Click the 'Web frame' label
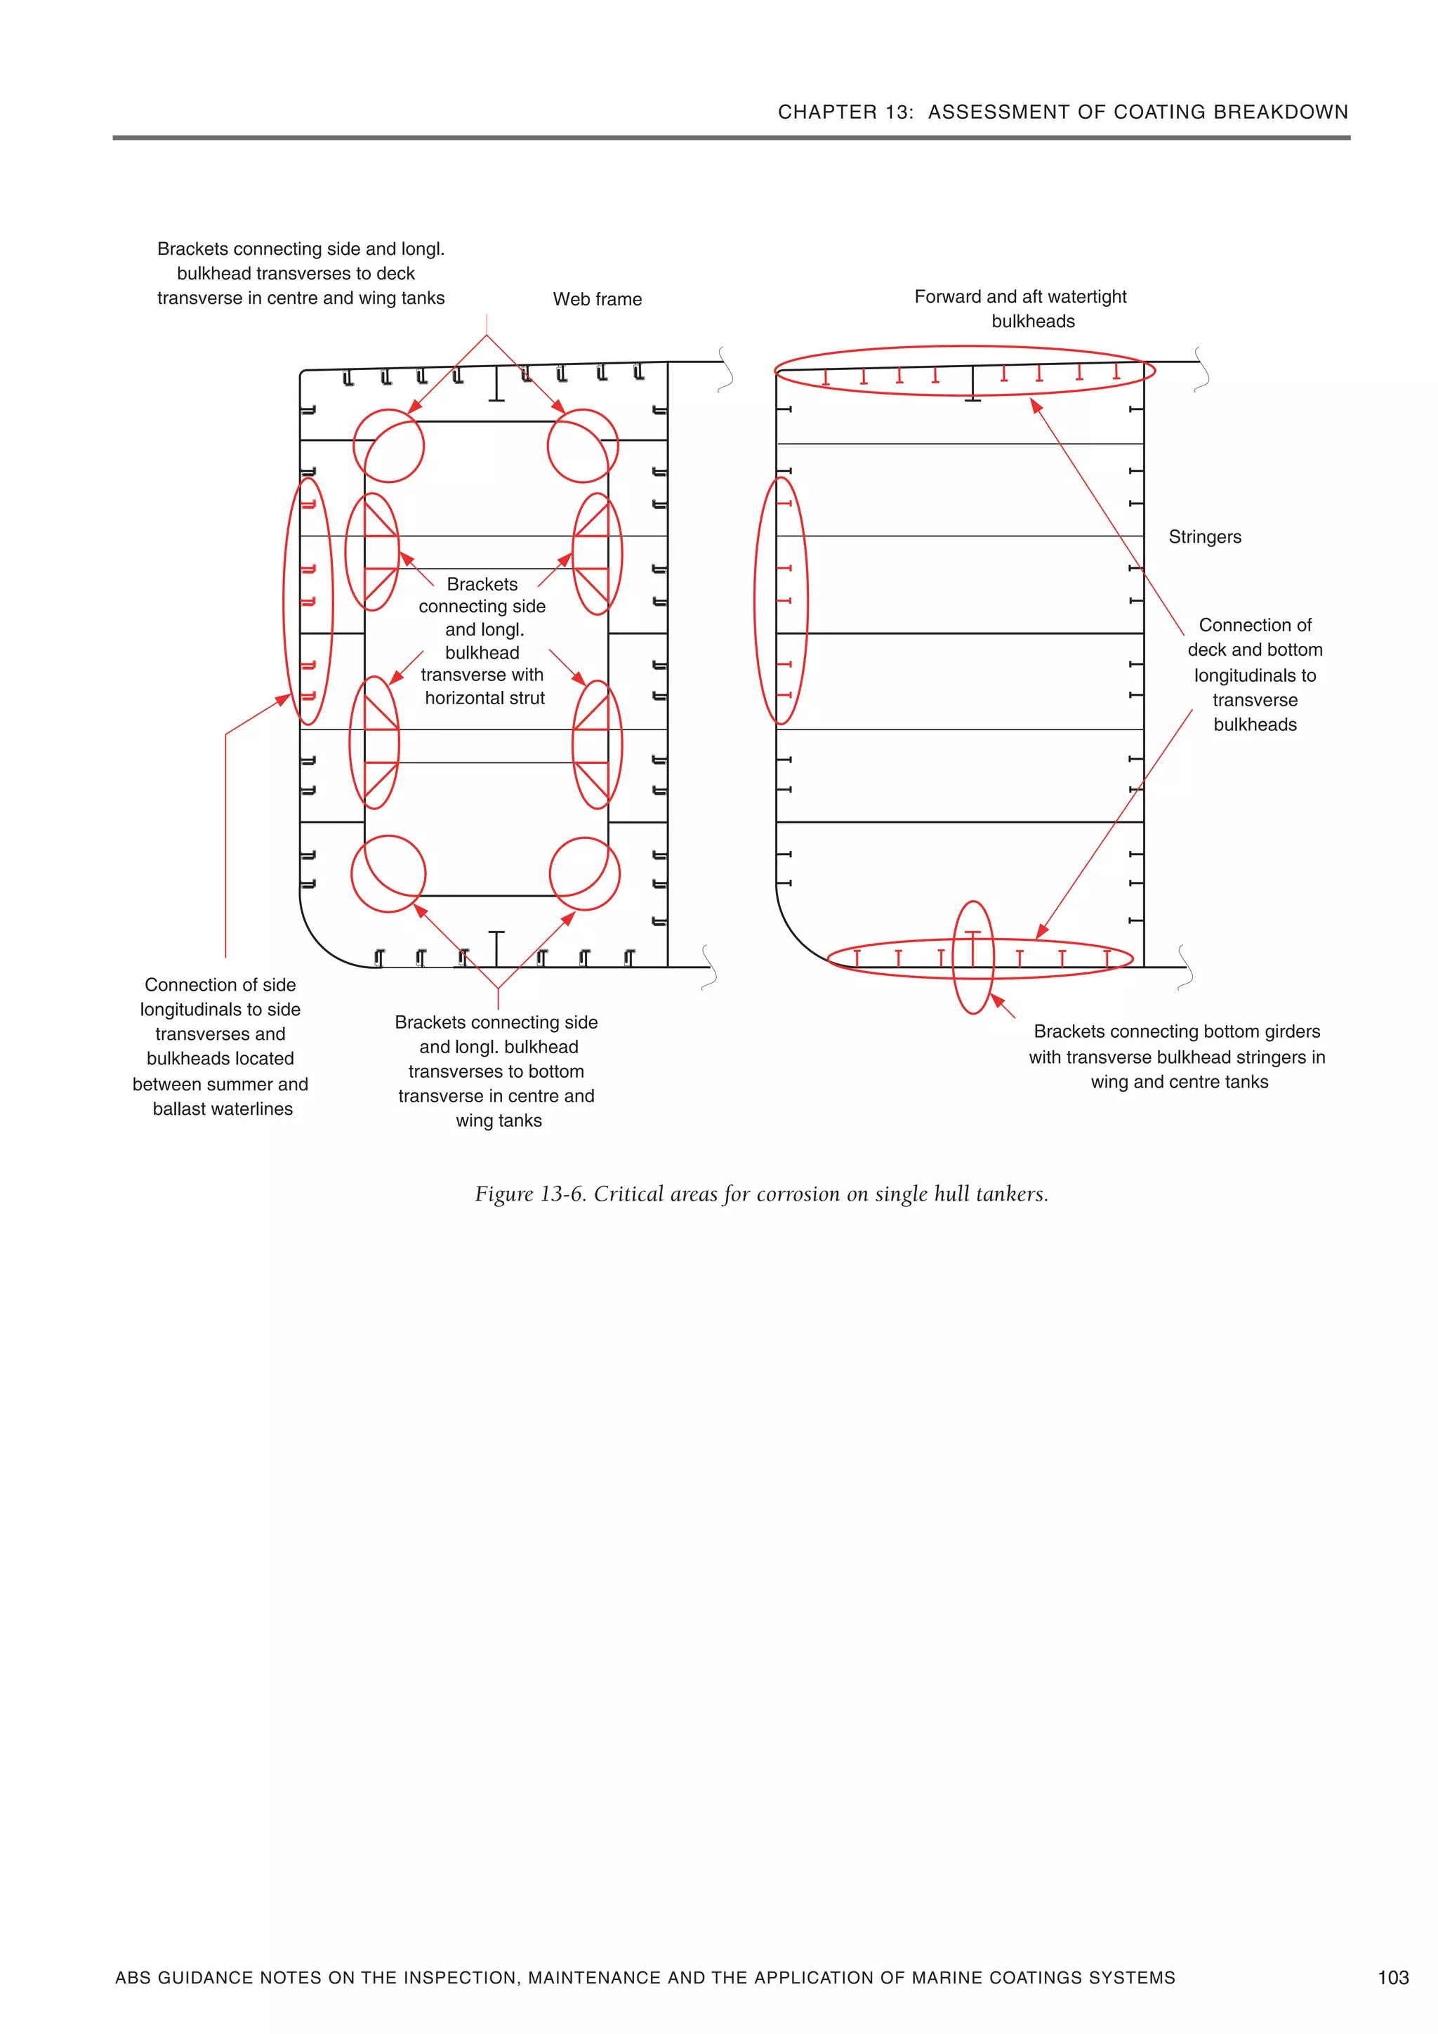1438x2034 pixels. click(597, 299)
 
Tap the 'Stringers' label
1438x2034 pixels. click(1204, 537)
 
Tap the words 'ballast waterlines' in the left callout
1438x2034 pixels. click(223, 1109)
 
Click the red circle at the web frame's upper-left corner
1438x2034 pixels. click(389, 446)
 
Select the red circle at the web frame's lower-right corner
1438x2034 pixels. click(585, 874)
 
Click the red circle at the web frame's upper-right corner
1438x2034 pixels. click(582, 446)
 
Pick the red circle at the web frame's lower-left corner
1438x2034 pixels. click(388, 874)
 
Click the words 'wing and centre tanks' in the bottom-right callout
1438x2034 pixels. click(1180, 1083)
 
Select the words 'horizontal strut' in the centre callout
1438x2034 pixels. click(484, 698)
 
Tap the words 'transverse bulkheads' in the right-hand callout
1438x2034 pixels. click(1255, 712)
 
